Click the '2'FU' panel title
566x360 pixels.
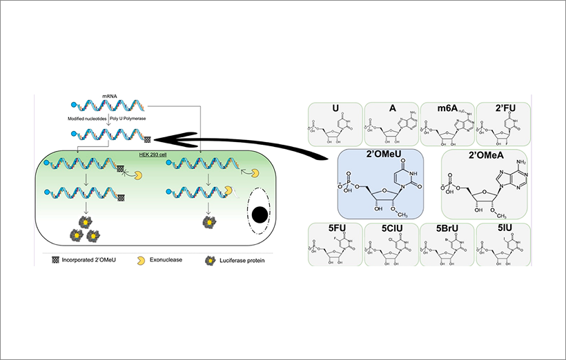point(501,110)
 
